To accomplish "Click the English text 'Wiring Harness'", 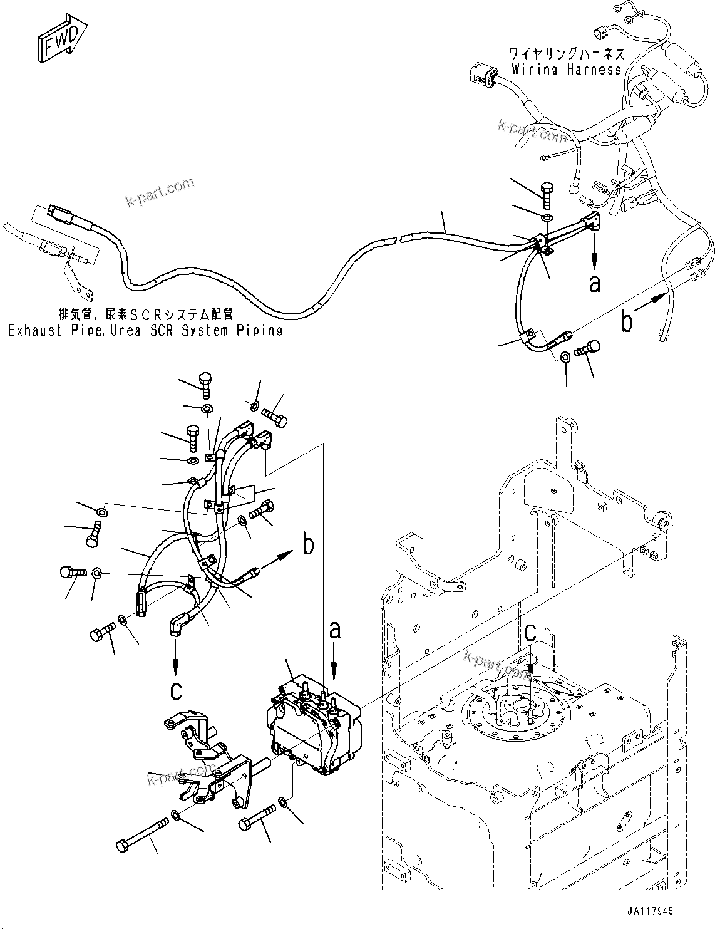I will (x=566, y=70).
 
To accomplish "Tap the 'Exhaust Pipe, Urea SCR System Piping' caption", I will (x=145, y=330).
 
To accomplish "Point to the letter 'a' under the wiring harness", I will (x=594, y=284).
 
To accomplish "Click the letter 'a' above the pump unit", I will (x=335, y=629).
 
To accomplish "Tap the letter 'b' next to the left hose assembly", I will (x=308, y=545).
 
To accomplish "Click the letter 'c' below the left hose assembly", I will (x=177, y=690).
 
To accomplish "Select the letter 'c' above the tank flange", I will (x=530, y=633).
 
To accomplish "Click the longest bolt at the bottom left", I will (x=143, y=834).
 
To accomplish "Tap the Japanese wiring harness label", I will (x=566, y=54).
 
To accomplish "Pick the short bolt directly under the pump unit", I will (x=257, y=817).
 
